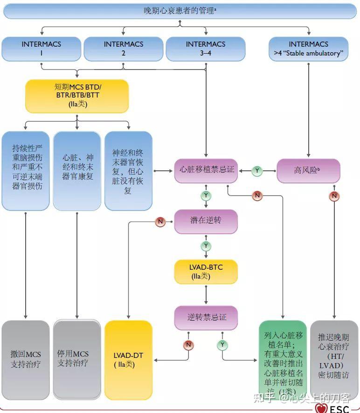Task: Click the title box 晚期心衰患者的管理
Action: pyautogui.click(x=180, y=11)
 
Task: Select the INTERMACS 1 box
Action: pyautogui.click(x=41, y=49)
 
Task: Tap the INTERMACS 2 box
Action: pyautogui.click(x=124, y=49)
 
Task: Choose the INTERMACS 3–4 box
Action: pyautogui.click(x=206, y=49)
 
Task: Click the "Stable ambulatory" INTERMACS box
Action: pyautogui.click(x=308, y=49)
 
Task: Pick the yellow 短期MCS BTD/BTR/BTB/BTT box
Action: pyautogui.click(x=77, y=95)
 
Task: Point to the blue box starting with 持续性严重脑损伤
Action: pyautogui.click(x=26, y=170)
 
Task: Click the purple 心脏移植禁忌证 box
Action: pyautogui.click(x=206, y=170)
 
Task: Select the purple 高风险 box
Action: pyautogui.click(x=308, y=170)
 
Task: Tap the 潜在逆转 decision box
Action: pyautogui.click(x=206, y=221)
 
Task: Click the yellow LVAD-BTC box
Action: pyautogui.click(x=206, y=272)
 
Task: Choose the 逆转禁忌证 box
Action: pyautogui.click(x=206, y=317)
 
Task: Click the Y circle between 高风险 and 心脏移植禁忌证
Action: pyautogui.click(x=257, y=171)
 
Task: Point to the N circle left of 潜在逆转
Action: pyautogui.click(x=160, y=222)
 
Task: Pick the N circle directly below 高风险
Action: pyautogui.click(x=334, y=196)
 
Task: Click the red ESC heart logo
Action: pyautogui.click(x=321, y=408)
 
